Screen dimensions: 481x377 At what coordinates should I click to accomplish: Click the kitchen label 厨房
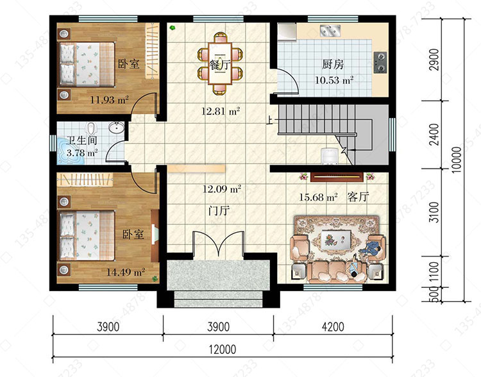coord(333,64)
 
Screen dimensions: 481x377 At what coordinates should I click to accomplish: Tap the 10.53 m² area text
coord(334,80)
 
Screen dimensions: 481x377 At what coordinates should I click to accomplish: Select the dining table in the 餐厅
coord(220,63)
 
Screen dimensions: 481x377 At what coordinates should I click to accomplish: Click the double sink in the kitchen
coord(330,31)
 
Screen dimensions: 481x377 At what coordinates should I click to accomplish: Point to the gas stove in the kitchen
coord(380,62)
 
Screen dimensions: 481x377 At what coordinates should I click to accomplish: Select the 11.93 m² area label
coord(109,99)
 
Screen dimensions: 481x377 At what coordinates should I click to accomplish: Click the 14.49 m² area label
coord(126,272)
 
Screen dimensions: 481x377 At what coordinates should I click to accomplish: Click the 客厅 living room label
coord(358,197)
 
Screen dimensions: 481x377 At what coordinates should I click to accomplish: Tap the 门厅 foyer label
coord(219,211)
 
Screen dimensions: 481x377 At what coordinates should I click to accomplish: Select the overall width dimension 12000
coord(223,349)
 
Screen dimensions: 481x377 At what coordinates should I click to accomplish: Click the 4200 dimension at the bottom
coord(333,327)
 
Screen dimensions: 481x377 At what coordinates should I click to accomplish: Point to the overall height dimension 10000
coord(457,160)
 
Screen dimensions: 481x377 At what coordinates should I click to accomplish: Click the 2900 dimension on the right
coord(434,60)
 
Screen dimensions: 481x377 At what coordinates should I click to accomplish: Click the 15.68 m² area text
coord(318,197)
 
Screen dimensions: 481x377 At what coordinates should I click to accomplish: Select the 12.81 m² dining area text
coord(221,111)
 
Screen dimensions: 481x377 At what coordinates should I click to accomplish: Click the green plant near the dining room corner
coord(173,28)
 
